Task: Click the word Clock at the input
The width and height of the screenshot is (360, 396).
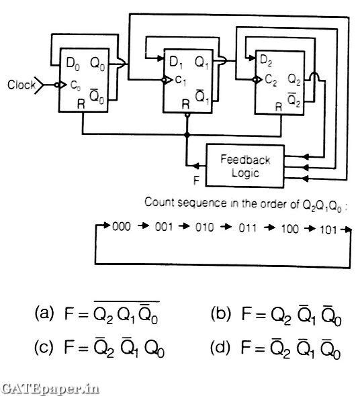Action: (21, 86)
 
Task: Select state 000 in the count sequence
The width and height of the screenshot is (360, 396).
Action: (121, 228)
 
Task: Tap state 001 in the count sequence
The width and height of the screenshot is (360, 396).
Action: (164, 228)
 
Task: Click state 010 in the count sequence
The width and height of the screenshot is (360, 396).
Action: (205, 228)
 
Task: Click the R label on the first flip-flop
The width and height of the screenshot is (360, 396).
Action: (82, 105)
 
